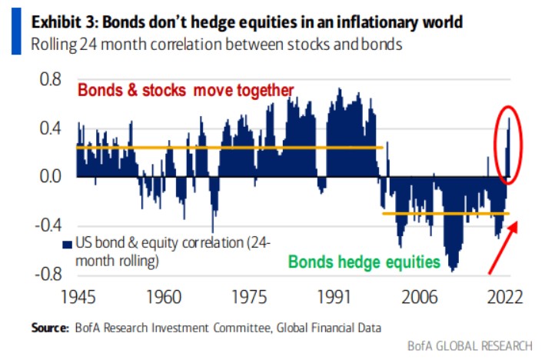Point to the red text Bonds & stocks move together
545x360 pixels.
point(184,91)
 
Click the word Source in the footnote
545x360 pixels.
point(48,328)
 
